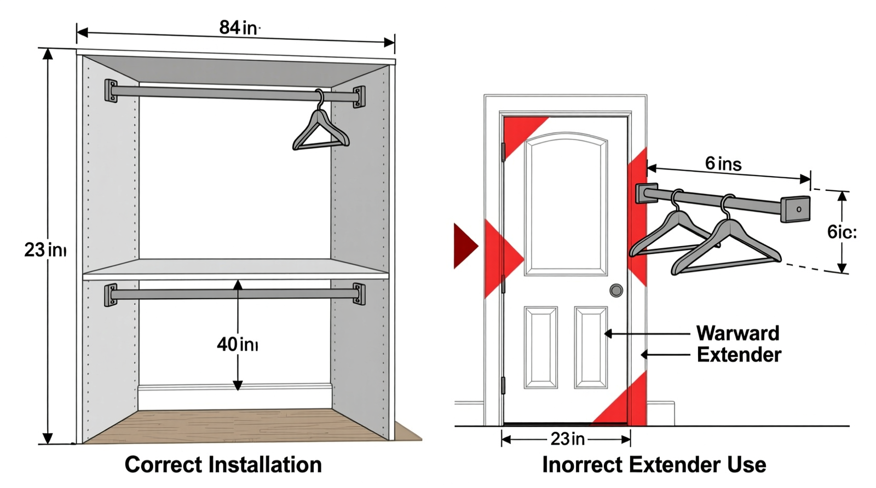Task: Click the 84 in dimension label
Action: pos(239,27)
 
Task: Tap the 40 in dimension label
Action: pos(237,344)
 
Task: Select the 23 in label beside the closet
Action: pos(44,250)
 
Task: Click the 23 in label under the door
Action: pos(567,439)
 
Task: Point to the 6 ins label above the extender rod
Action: pos(723,163)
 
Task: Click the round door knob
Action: pos(616,291)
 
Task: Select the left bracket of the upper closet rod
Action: pos(111,91)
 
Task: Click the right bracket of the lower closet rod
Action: pos(359,294)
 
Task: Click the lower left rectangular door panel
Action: pos(540,347)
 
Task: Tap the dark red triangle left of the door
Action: pos(464,246)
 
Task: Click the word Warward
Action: pos(737,333)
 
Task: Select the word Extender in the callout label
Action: pos(738,355)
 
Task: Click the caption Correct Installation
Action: pos(223,464)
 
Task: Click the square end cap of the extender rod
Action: pos(795,209)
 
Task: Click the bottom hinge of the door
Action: pos(503,385)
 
